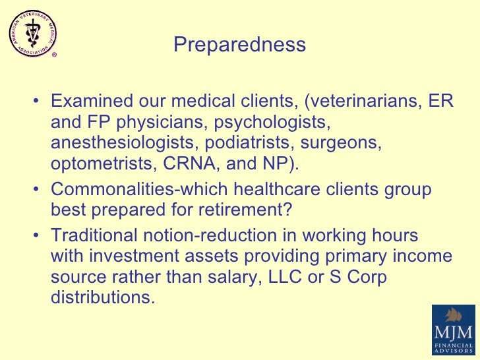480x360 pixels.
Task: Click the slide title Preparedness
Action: click(239, 45)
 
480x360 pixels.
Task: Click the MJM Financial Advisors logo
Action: click(455, 331)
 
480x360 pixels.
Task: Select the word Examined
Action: click(92, 102)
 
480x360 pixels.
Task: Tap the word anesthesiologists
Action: click(125, 142)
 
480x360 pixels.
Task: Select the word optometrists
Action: click(105, 163)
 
